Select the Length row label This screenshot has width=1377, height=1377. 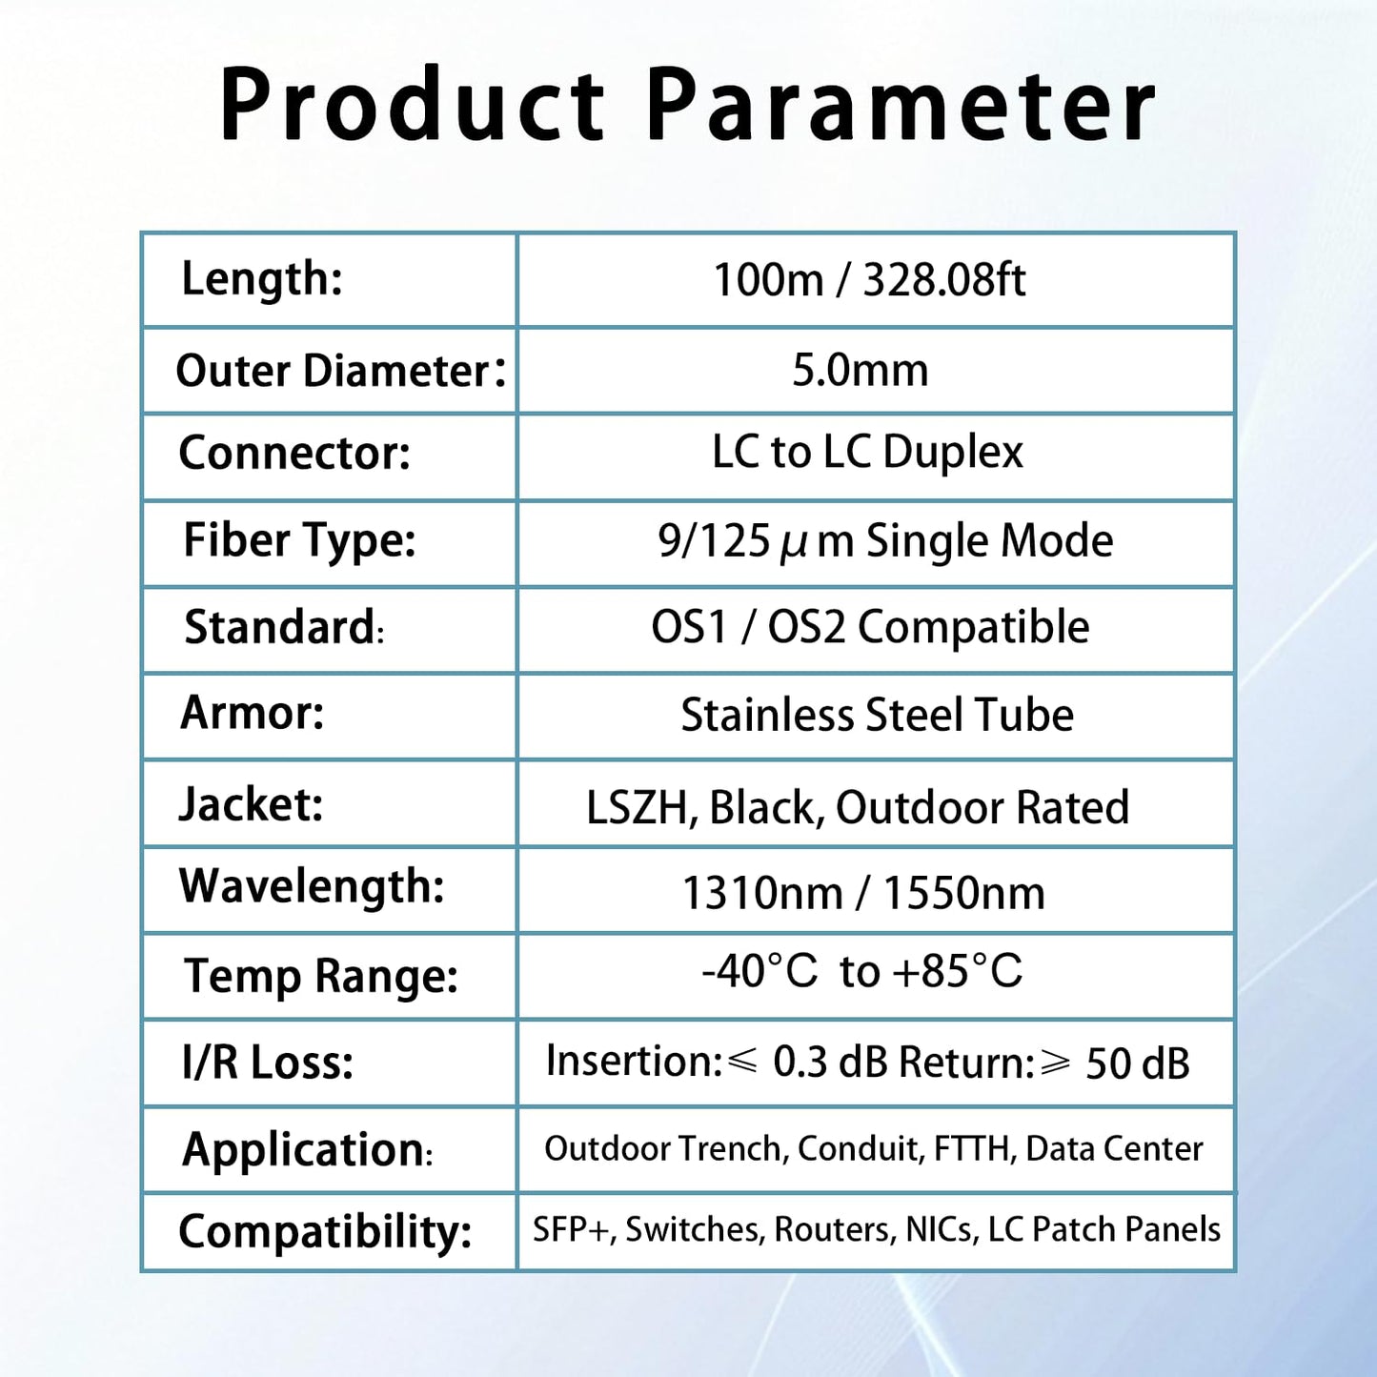point(262,279)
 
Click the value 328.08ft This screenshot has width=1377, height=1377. point(943,280)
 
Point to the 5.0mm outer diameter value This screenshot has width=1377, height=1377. point(860,370)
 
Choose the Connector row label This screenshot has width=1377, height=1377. point(294,454)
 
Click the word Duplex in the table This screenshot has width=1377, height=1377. point(952,453)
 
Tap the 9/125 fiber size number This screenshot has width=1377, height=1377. point(714,541)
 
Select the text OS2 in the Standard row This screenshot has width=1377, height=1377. point(806,628)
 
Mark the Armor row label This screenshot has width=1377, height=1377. point(253,713)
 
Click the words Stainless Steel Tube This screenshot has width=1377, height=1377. point(877,715)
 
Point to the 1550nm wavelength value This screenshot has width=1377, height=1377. point(963,894)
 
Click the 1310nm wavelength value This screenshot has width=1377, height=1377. point(762,894)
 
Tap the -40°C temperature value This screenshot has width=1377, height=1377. point(759,972)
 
